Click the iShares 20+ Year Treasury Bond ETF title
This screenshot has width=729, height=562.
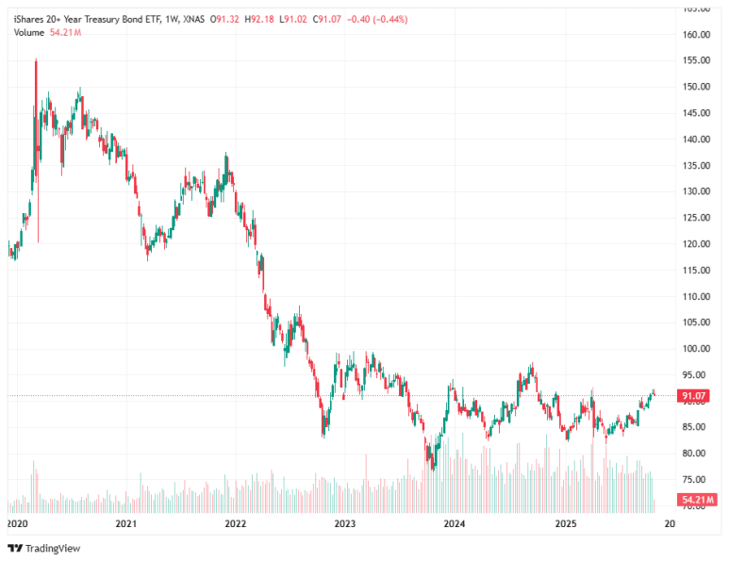click(84, 18)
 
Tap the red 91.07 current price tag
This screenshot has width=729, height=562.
click(694, 397)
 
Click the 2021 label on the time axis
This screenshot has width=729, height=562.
click(126, 522)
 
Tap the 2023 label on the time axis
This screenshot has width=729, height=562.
click(345, 522)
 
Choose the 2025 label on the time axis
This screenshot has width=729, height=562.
click(565, 522)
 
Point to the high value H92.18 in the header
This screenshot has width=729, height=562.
click(261, 18)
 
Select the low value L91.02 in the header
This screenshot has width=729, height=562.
click(297, 18)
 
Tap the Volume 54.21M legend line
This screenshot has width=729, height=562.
click(47, 32)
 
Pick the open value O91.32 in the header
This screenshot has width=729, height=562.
click(224, 18)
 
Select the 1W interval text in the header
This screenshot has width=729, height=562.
click(172, 18)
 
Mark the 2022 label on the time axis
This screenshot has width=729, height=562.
click(236, 522)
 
